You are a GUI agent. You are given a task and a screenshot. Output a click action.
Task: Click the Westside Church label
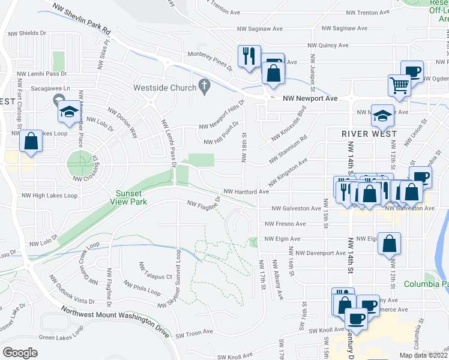(x=164, y=88)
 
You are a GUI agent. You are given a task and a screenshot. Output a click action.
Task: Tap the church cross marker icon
(x=204, y=88)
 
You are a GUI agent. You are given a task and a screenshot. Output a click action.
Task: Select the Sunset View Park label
(x=129, y=197)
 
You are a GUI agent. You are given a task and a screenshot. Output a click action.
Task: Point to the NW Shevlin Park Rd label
(x=82, y=18)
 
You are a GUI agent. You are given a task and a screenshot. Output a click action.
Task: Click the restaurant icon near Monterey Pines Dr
(x=248, y=57)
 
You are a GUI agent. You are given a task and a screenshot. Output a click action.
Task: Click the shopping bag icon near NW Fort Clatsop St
(x=31, y=142)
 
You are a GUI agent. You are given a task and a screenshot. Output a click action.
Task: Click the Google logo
(x=20, y=352)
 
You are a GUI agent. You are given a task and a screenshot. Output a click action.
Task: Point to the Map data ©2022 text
(x=423, y=355)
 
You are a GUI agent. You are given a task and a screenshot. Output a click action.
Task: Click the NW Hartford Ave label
(x=246, y=192)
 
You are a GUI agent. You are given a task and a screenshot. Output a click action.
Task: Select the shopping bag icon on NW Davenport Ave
(x=390, y=244)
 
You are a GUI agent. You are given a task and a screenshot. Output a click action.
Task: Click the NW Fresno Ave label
(x=286, y=224)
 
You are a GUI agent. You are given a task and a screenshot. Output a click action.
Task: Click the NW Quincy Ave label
(x=328, y=45)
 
